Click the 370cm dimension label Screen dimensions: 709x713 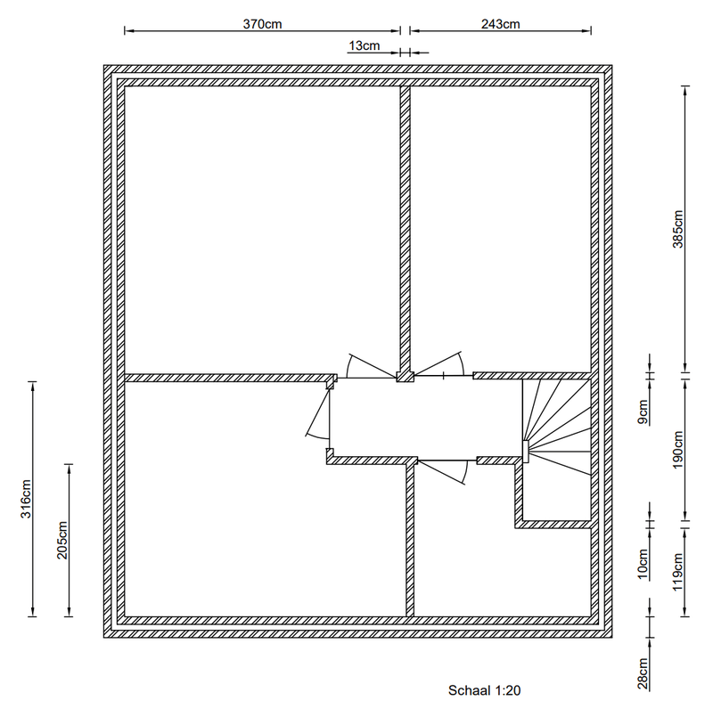tap(263, 24)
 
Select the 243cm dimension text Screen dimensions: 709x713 tap(500, 24)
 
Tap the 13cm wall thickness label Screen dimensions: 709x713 tap(364, 45)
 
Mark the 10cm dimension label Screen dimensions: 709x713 tap(643, 566)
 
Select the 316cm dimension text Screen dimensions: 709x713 tap(26, 499)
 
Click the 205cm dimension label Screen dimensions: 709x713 tap(62, 540)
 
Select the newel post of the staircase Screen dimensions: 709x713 tap(526, 452)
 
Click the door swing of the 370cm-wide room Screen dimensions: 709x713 tap(365, 365)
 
